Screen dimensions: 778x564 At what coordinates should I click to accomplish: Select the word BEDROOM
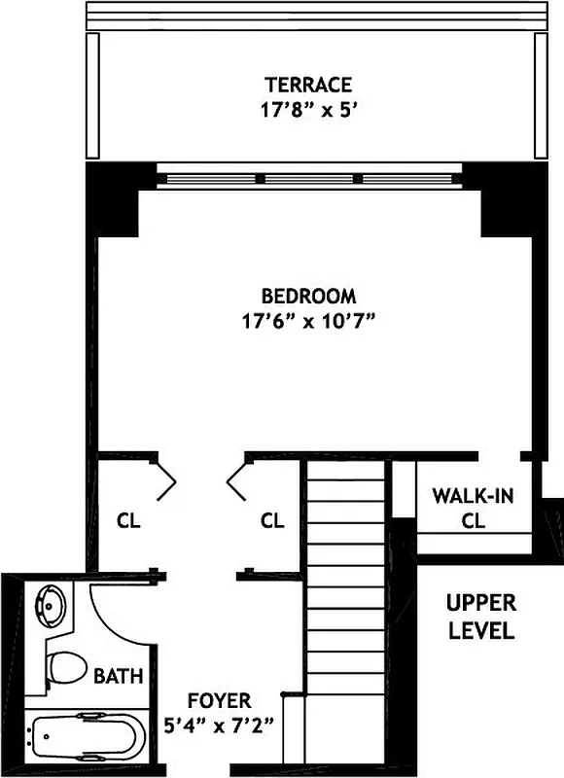pyautogui.click(x=308, y=296)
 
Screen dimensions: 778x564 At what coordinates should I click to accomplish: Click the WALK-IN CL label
pyautogui.click(x=473, y=508)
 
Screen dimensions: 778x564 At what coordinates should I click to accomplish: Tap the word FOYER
pyautogui.click(x=220, y=700)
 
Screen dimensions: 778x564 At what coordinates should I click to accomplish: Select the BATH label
pyautogui.click(x=119, y=674)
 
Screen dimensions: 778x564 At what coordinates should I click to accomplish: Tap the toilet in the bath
pyautogui.click(x=62, y=669)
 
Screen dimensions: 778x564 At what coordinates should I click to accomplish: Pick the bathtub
pyautogui.click(x=87, y=736)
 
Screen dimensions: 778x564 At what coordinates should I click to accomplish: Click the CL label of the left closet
pyautogui.click(x=128, y=520)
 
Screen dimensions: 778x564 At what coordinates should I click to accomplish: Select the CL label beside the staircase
pyautogui.click(x=272, y=520)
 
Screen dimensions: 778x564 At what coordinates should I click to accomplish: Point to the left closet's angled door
pyautogui.click(x=166, y=477)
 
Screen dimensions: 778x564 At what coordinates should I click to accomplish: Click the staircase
pyautogui.click(x=345, y=603)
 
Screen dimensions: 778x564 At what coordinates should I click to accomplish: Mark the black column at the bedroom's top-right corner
pyautogui.click(x=508, y=199)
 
